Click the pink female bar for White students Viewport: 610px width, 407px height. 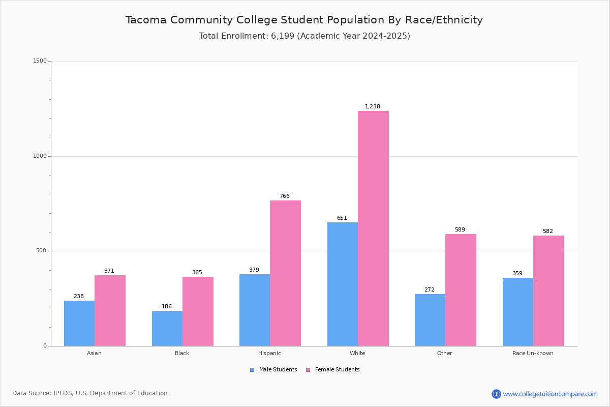point(373,228)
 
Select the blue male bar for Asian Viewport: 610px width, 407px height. point(79,323)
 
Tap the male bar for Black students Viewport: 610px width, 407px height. point(167,328)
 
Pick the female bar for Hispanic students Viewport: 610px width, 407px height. point(285,273)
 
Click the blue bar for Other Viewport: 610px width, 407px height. point(430,320)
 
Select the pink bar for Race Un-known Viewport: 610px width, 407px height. point(548,290)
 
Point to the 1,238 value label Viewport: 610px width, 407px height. point(373,107)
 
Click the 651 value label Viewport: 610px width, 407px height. point(342,218)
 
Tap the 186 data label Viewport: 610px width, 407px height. point(167,307)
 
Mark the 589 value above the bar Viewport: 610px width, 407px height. point(460,230)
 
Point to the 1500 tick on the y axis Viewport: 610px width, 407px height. point(40,61)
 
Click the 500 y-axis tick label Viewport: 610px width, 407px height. point(41,251)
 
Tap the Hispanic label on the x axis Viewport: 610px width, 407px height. point(269,353)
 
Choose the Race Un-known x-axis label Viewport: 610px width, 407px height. point(533,353)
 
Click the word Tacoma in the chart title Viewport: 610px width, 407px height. point(146,20)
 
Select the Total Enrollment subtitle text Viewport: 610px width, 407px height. point(304,36)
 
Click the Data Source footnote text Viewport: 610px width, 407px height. point(90,393)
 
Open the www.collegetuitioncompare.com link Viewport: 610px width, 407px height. point(550,394)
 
